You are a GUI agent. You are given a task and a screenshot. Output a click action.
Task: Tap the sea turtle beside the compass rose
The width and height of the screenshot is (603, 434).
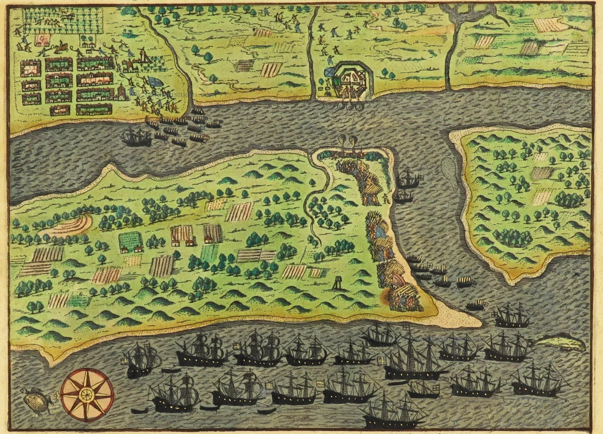[x=35, y=400]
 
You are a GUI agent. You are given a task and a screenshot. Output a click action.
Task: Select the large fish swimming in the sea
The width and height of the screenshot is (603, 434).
[x=561, y=344]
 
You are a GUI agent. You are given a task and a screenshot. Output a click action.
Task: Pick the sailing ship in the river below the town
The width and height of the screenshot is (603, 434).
[x=136, y=138]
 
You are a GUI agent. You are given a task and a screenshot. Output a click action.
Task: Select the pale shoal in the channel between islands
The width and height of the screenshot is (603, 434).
[x=449, y=172]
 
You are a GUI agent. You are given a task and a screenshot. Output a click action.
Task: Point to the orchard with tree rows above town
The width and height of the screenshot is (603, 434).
[x=63, y=20]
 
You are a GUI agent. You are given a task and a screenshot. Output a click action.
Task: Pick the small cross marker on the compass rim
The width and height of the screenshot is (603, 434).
[x=58, y=394]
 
